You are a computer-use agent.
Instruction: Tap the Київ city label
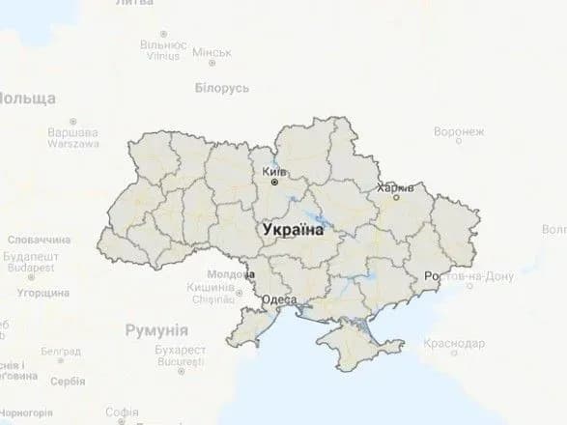point(273,170)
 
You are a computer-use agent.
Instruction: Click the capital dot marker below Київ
point(274,182)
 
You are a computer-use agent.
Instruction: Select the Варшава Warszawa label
point(72,137)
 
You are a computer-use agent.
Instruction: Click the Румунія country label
point(156,329)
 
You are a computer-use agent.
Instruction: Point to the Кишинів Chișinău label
point(212,294)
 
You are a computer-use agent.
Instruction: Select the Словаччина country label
point(39,239)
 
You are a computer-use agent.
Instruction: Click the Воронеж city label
point(459,131)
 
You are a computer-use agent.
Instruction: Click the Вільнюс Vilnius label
point(163,49)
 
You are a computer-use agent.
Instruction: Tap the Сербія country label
point(68,381)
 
